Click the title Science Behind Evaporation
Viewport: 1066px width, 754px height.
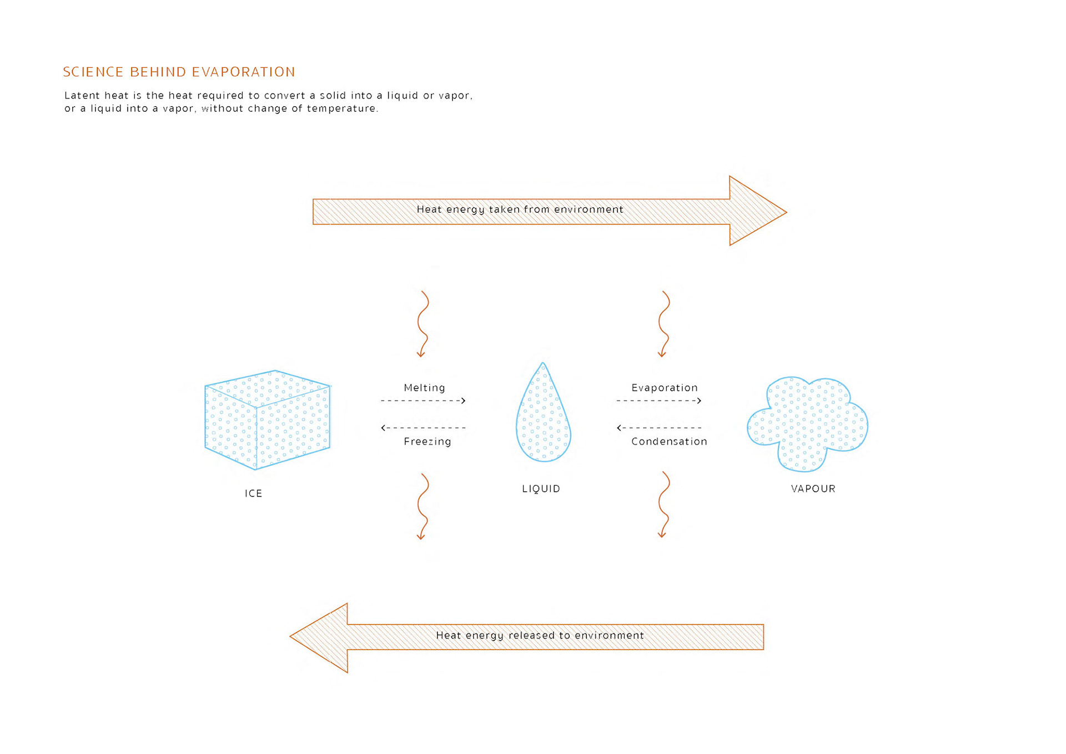(x=179, y=72)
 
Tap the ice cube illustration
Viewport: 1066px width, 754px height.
(x=267, y=420)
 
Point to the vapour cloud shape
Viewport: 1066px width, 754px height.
(x=807, y=424)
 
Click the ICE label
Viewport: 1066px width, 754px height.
(x=253, y=493)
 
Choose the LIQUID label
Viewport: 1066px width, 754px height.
(x=541, y=489)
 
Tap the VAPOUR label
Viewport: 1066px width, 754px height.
(x=813, y=489)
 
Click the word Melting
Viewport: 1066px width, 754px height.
(x=424, y=388)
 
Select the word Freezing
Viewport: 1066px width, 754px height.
(x=427, y=442)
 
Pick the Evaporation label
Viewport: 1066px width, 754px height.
(x=664, y=388)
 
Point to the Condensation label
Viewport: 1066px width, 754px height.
(x=669, y=442)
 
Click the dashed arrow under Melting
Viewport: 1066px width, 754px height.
(x=423, y=401)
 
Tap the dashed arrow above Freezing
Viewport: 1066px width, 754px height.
(x=423, y=428)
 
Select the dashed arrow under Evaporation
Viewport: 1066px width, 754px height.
(x=659, y=401)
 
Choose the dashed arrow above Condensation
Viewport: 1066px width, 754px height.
(x=659, y=428)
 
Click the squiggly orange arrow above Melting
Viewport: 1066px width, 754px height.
(x=423, y=324)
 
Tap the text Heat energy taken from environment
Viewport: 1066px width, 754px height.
(x=520, y=209)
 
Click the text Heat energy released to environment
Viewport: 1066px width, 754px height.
(x=540, y=636)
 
